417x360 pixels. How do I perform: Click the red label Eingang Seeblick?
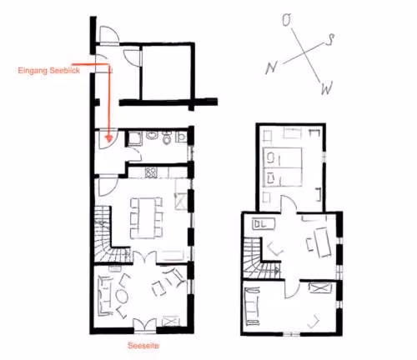coord(49,70)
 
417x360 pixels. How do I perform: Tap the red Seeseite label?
coord(143,346)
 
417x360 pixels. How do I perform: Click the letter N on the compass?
coord(271,67)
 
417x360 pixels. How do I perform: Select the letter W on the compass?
coord(327,88)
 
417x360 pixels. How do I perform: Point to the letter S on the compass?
coord(330,39)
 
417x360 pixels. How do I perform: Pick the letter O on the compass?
coord(287,20)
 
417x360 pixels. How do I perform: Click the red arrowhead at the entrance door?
coord(109,138)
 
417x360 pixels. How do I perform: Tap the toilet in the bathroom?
coord(167,137)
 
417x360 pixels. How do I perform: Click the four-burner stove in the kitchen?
coord(151,172)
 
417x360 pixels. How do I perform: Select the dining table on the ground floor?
coord(147,217)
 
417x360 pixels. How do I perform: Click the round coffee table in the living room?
coord(122,297)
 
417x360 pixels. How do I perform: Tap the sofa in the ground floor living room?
coord(104,296)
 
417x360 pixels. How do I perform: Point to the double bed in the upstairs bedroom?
coord(282,167)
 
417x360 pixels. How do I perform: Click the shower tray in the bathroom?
coord(135,138)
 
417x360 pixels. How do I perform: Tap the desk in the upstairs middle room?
coord(323,242)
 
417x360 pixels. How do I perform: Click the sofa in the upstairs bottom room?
coord(253,307)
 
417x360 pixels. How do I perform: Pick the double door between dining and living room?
coord(144,257)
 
